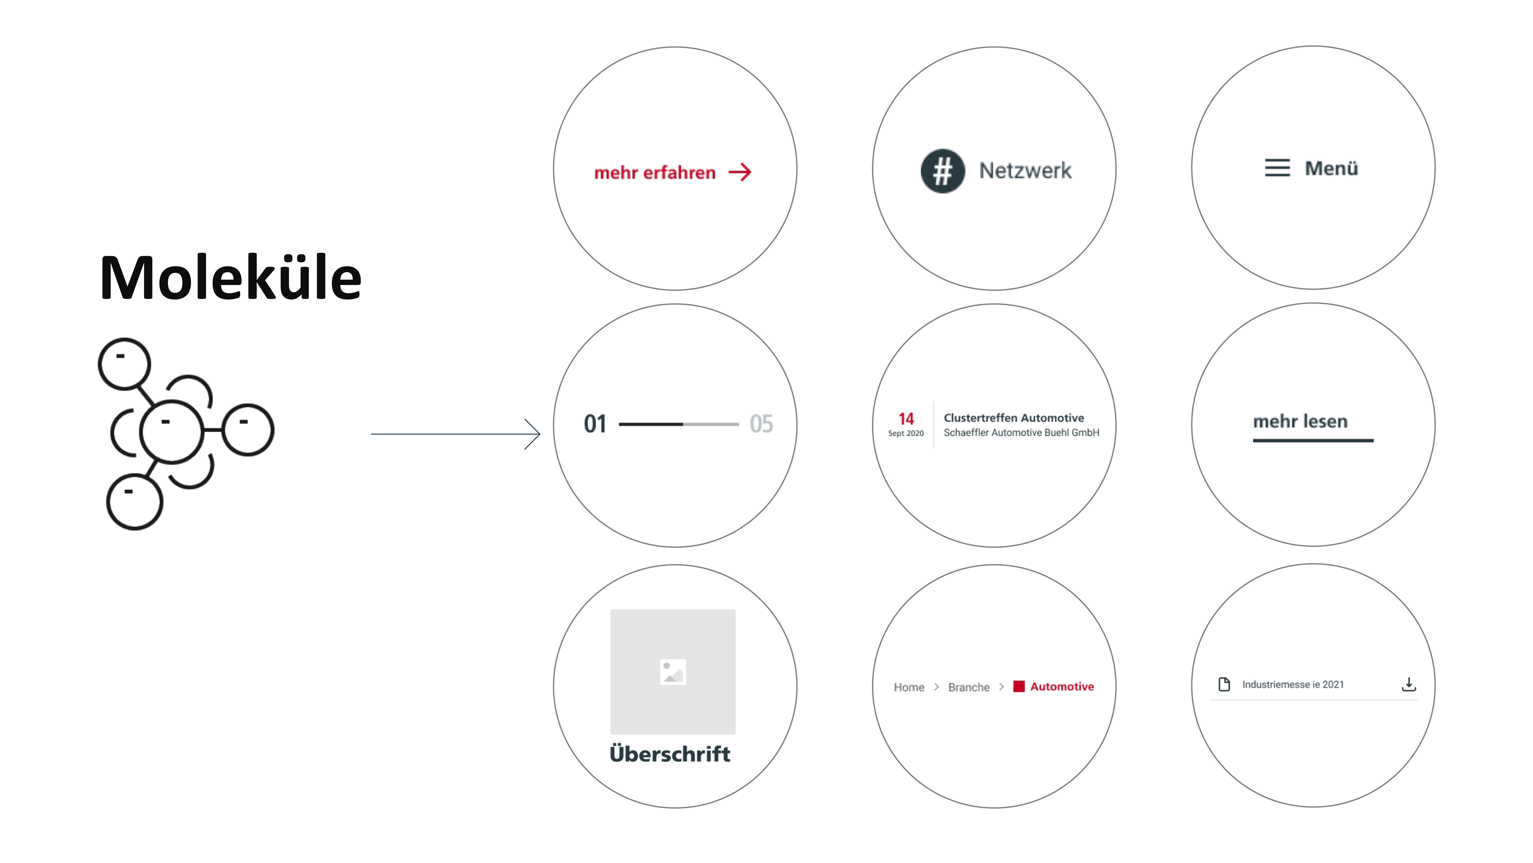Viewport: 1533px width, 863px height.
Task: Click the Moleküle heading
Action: coord(230,277)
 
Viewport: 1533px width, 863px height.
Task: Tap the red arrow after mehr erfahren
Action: coord(740,173)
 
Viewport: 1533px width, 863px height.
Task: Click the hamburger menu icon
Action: coord(1277,168)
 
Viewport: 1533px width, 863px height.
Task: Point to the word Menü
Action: coord(1331,168)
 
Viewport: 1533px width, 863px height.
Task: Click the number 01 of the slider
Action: coord(595,424)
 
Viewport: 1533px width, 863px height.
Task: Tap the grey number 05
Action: coord(761,424)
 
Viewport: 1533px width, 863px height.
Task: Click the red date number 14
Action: coord(906,419)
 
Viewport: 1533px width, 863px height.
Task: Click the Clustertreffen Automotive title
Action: coord(1013,418)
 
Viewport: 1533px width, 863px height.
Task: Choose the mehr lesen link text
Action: coord(1300,421)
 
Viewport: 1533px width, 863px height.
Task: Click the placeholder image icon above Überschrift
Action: coord(673,672)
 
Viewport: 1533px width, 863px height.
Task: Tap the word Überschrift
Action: coord(670,753)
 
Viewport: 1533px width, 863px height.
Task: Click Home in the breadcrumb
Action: coord(909,687)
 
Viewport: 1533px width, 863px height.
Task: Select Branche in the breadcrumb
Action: coord(969,687)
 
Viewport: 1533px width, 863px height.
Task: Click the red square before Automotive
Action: coord(1019,686)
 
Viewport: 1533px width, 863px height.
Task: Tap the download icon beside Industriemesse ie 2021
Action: coord(1408,685)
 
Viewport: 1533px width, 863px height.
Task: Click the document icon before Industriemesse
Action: coord(1224,685)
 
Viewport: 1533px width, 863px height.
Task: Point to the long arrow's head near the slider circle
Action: coord(540,434)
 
